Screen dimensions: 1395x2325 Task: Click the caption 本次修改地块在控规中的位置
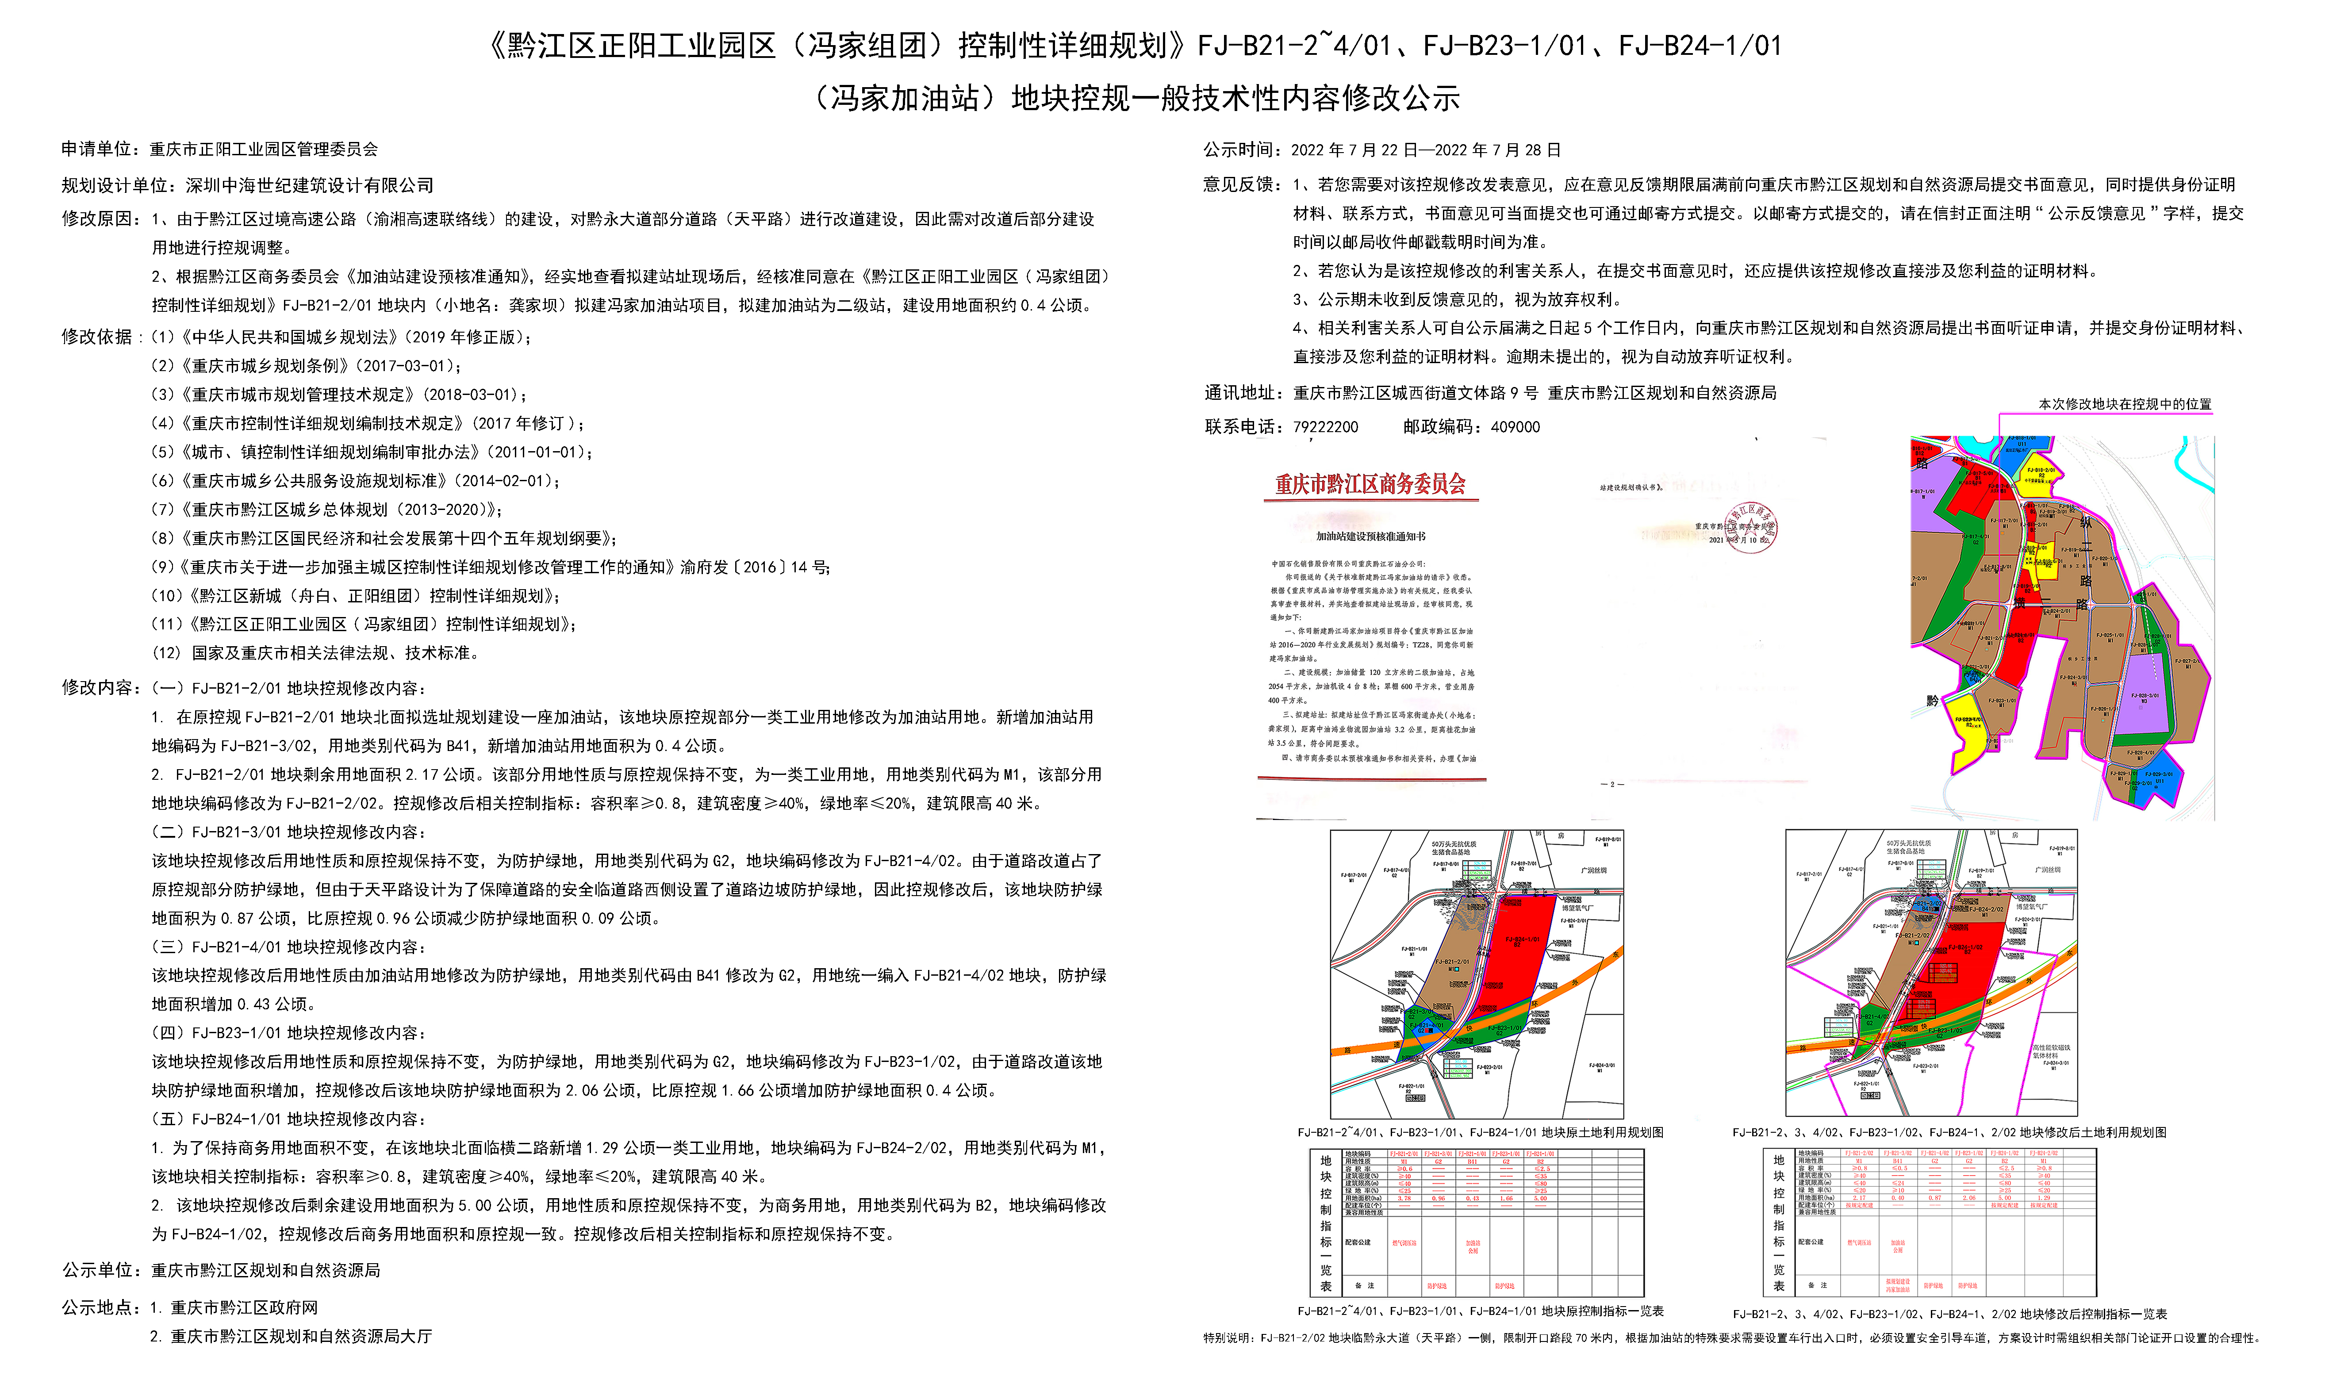[2125, 404]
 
